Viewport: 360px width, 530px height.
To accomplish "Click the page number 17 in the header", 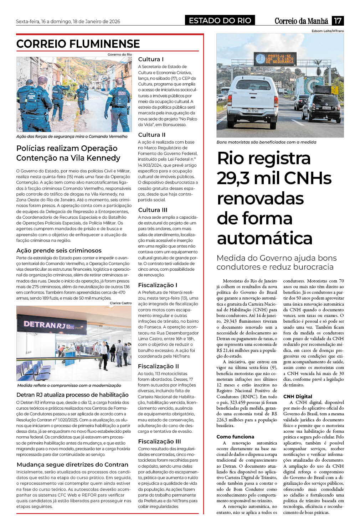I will coord(338,21).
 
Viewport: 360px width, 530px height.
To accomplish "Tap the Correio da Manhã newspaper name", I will coord(302,21).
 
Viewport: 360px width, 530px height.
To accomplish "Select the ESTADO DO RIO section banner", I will coord(220,21).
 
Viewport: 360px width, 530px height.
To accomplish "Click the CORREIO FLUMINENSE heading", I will coord(78,44).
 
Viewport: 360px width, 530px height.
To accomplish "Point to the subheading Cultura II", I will coord(151,135).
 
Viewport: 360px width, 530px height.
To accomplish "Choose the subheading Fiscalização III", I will coord(159,441).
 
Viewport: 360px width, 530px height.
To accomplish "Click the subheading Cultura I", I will coord(151,59).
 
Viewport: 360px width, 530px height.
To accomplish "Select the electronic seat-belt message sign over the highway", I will coord(275,59).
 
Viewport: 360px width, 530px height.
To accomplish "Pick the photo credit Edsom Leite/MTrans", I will coord(328,31).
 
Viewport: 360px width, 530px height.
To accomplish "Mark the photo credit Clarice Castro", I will coord(120,303).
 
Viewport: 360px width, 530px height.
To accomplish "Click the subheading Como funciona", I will coord(235,437).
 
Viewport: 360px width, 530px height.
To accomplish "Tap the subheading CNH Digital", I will coord(298,396).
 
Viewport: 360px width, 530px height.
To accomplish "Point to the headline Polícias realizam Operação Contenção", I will coord(68,153).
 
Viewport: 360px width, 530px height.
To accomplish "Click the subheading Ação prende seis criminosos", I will coord(59,250).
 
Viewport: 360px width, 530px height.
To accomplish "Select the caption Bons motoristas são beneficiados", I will coord(266,142).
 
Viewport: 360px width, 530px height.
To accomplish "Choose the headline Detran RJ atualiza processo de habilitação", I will coord(72,395).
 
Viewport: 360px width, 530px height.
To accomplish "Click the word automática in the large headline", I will coord(264,238).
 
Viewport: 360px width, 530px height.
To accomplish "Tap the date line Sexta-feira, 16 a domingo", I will coord(68,21).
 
